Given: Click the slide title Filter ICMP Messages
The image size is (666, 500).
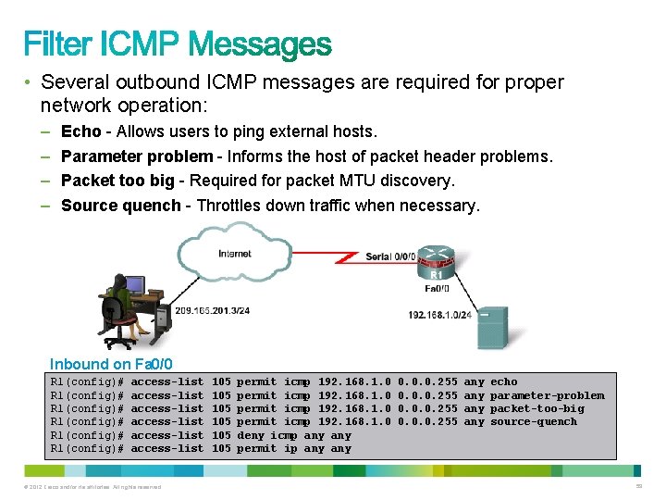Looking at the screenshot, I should point(177,44).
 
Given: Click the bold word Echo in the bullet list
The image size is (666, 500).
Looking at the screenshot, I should point(80,131).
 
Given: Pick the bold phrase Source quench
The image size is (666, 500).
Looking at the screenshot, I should point(120,206).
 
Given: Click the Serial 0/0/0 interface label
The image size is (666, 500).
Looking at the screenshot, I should point(389,256).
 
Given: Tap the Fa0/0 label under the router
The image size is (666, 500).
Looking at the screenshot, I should point(437,288).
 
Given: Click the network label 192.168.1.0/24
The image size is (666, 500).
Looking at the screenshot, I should point(440,315).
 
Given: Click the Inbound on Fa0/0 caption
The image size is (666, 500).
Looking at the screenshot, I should point(111,365).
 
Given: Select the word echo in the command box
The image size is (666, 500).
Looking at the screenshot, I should point(504,381).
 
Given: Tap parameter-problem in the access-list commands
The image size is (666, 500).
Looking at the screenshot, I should point(547,395).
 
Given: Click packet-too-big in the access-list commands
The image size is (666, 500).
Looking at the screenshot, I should point(537,408).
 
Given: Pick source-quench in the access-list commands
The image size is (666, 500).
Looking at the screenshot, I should point(534,422).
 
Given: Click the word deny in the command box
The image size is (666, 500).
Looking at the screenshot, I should point(252,435).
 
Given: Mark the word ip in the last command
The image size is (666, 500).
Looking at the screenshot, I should point(290,449).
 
